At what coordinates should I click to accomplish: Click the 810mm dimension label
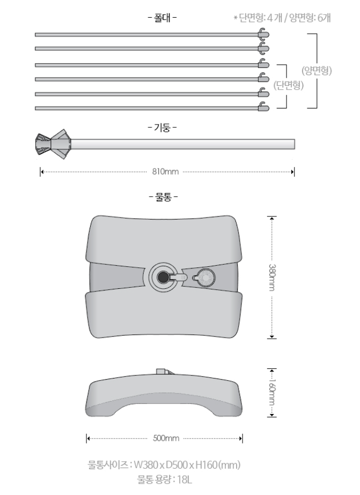(165, 172)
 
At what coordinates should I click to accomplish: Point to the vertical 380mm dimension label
(272, 277)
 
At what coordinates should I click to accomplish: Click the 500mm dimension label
(166, 438)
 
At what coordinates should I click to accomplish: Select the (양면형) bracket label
(317, 70)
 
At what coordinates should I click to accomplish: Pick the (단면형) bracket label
(289, 85)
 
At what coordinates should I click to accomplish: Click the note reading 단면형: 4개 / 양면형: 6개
(282, 17)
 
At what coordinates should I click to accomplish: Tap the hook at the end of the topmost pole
(263, 34)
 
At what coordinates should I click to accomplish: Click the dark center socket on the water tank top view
(161, 277)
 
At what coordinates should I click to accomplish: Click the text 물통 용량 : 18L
(164, 478)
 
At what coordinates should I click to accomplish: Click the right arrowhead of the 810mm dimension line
(293, 172)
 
